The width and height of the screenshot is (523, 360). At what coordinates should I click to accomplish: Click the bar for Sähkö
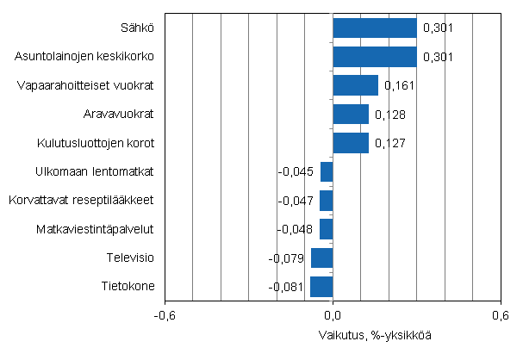(x=375, y=28)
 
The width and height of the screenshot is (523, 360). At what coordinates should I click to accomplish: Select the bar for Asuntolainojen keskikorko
(x=375, y=57)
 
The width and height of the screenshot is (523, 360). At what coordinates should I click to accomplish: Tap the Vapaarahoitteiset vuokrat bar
(x=355, y=85)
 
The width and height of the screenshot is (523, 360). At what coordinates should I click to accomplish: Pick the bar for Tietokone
(x=321, y=287)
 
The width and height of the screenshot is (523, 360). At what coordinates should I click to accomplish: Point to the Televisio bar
(x=321, y=258)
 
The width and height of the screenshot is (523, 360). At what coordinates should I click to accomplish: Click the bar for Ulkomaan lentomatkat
(x=327, y=171)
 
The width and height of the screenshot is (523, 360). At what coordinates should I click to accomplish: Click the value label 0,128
(x=388, y=115)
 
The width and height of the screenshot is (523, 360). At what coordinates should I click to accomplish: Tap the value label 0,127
(x=388, y=143)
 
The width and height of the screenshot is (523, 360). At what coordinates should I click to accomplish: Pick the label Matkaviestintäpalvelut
(x=95, y=229)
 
